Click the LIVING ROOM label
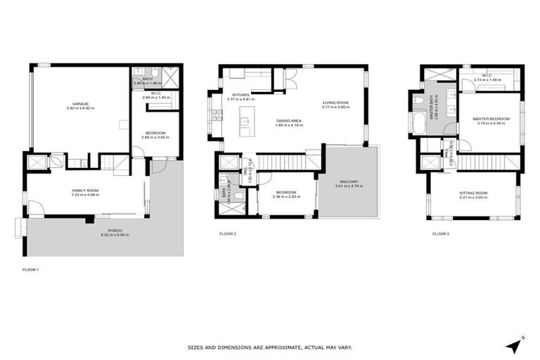click(335, 103)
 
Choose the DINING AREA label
click(289, 121)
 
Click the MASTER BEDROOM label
click(491, 119)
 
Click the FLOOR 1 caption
click(31, 269)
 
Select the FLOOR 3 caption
click(440, 233)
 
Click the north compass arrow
click(516, 345)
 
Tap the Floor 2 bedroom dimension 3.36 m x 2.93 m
click(287, 197)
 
